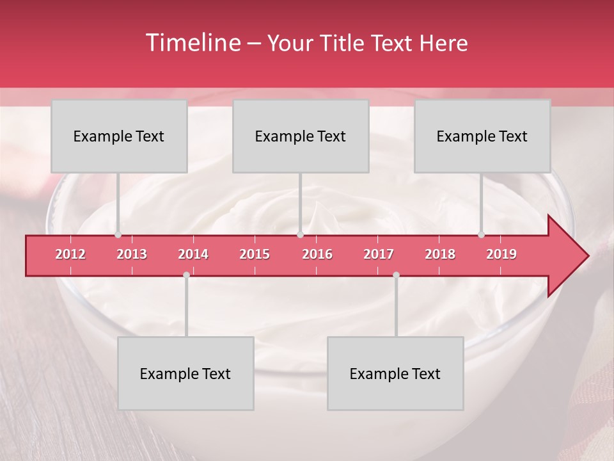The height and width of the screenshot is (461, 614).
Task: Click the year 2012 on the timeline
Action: (x=70, y=255)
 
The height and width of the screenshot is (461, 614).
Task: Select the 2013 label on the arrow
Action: (x=132, y=255)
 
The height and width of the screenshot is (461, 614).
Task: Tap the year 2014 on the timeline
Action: (x=193, y=255)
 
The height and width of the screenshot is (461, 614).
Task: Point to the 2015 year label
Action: (x=255, y=255)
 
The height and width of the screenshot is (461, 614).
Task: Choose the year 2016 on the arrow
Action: (x=317, y=255)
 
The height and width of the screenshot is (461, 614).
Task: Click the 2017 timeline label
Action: (x=379, y=255)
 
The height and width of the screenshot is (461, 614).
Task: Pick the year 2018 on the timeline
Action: (x=440, y=255)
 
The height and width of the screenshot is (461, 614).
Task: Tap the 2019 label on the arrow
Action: (x=501, y=255)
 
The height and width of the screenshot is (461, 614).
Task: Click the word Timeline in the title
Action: (x=193, y=43)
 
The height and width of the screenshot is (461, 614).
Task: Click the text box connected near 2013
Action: (x=119, y=136)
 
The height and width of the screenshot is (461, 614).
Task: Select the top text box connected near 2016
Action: (x=301, y=136)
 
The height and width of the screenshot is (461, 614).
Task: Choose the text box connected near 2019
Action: (x=482, y=136)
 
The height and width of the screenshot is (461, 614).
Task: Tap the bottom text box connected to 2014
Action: (x=185, y=373)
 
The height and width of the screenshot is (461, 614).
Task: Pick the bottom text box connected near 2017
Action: (x=395, y=373)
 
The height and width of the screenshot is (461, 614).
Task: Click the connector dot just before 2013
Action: (x=118, y=235)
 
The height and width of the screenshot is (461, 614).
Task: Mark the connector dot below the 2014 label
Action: (x=186, y=275)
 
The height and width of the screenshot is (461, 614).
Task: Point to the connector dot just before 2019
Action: (x=481, y=235)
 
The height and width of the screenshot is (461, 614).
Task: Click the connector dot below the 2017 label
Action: (x=396, y=275)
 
